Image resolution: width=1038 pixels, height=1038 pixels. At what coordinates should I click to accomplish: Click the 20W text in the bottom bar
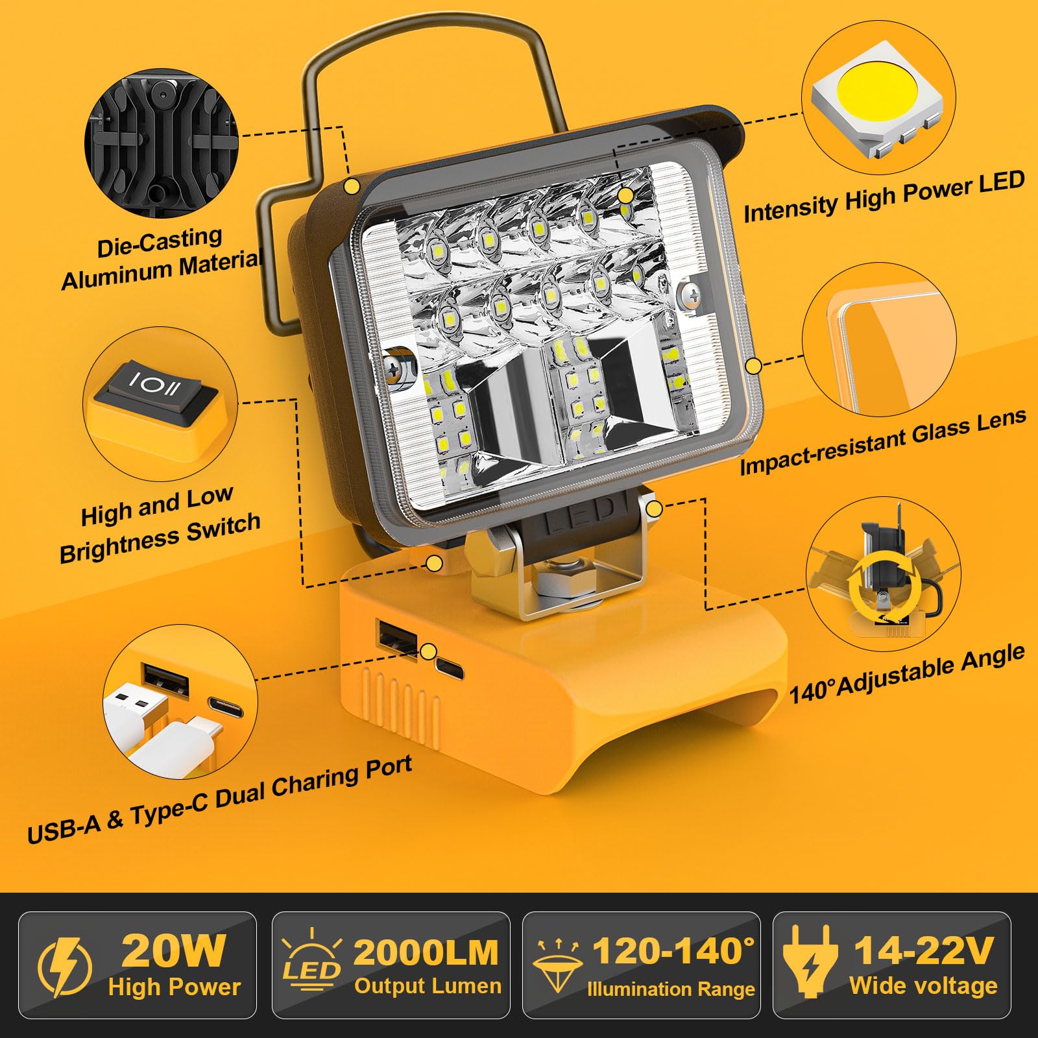[x=173, y=951]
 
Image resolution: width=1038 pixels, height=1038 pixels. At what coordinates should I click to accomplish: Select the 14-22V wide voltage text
[x=923, y=951]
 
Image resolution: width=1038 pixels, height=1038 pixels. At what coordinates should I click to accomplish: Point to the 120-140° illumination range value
[x=673, y=951]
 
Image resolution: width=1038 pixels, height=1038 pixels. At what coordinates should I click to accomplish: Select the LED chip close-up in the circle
[x=877, y=97]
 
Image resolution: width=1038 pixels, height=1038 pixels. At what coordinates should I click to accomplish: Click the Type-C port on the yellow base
[x=450, y=668]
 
